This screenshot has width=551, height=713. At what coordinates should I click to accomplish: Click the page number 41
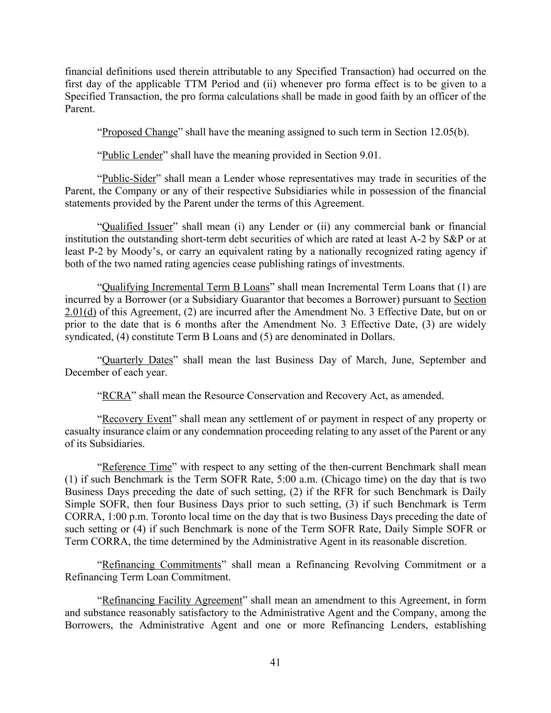(x=275, y=662)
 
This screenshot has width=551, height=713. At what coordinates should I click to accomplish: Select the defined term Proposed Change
(x=140, y=132)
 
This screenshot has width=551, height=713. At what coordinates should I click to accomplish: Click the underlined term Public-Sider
(x=129, y=179)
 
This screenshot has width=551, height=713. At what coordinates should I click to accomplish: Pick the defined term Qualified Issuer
(x=137, y=227)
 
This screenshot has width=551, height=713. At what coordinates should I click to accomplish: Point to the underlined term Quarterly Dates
(x=137, y=360)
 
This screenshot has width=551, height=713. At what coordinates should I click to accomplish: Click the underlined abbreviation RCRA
(x=116, y=396)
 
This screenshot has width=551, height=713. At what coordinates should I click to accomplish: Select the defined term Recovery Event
(x=137, y=419)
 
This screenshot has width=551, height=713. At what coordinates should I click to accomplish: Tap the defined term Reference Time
(x=137, y=467)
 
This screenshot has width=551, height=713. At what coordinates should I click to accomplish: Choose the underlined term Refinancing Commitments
(x=161, y=565)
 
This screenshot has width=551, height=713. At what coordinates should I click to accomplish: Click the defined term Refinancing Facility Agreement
(x=172, y=601)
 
